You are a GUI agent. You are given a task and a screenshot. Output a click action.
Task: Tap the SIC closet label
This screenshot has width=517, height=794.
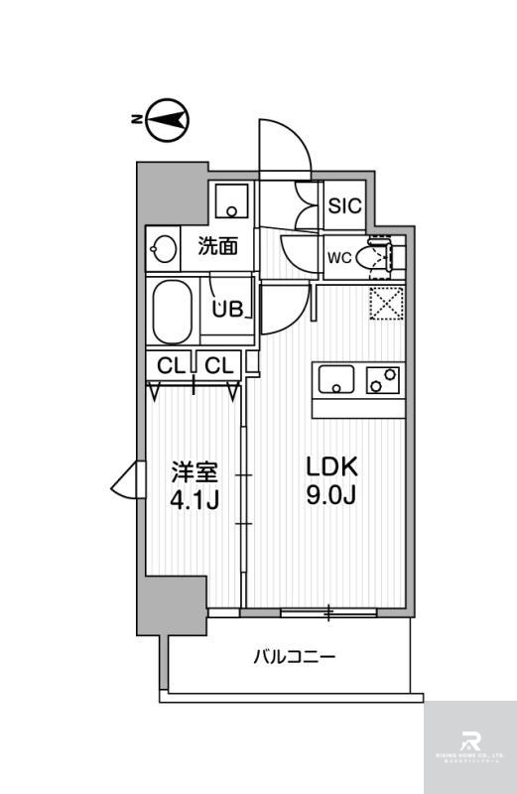tap(345, 207)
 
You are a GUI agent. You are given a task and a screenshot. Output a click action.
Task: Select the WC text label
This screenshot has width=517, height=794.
tap(339, 259)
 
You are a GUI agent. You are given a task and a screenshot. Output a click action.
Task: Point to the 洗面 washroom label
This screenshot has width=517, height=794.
tap(217, 246)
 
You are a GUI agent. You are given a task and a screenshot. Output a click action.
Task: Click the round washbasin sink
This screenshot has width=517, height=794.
tap(162, 247)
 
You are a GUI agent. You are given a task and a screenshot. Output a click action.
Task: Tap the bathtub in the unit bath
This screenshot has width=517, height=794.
tap(176, 308)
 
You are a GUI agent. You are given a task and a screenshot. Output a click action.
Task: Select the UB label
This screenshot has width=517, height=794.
tap(227, 309)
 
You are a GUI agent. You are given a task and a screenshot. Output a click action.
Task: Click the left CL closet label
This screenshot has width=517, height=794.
tap(171, 365)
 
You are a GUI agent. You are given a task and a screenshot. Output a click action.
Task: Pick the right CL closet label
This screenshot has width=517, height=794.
tap(218, 365)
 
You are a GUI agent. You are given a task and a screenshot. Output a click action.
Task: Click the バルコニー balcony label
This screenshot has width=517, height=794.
tap(294, 656)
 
